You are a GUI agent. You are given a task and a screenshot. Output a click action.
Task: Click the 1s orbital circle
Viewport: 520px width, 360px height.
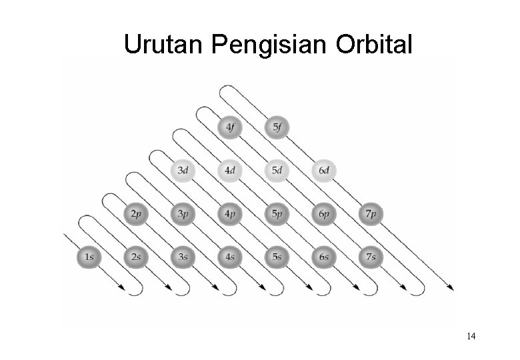[x=89, y=256]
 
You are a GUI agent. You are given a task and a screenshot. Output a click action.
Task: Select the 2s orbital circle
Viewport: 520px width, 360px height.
[x=135, y=256]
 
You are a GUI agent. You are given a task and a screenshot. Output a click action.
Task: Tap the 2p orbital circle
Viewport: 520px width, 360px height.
[x=135, y=214]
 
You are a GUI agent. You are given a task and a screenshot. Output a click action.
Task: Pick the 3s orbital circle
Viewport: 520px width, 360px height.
[x=182, y=256]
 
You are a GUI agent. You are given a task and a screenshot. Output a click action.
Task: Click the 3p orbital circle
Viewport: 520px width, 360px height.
[x=182, y=214]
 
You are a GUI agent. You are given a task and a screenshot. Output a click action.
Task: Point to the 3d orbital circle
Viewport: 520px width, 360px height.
[x=182, y=171]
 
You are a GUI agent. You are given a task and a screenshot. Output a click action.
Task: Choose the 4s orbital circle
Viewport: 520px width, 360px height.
[x=229, y=256]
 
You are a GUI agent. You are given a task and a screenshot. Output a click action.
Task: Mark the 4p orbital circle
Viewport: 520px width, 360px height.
[x=229, y=214]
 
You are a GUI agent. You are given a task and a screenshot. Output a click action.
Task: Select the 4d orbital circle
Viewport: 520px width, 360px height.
[x=229, y=171]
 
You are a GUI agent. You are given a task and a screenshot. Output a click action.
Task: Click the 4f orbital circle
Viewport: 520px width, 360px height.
[x=229, y=127]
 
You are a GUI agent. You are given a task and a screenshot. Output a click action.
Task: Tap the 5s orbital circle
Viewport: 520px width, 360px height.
[x=276, y=256]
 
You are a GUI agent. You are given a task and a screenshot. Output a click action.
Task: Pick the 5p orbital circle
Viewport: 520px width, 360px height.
[x=276, y=214]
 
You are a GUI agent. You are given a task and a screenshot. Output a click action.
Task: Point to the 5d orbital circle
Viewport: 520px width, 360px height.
[x=276, y=171]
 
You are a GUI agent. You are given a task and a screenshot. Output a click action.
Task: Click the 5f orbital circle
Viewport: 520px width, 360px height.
[x=276, y=127]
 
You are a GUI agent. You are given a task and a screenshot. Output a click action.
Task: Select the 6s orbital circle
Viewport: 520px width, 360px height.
[x=323, y=256]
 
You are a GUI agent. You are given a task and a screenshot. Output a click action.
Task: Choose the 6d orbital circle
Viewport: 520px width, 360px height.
[x=323, y=171]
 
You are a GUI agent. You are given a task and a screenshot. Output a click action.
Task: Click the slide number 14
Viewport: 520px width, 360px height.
[x=471, y=336]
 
